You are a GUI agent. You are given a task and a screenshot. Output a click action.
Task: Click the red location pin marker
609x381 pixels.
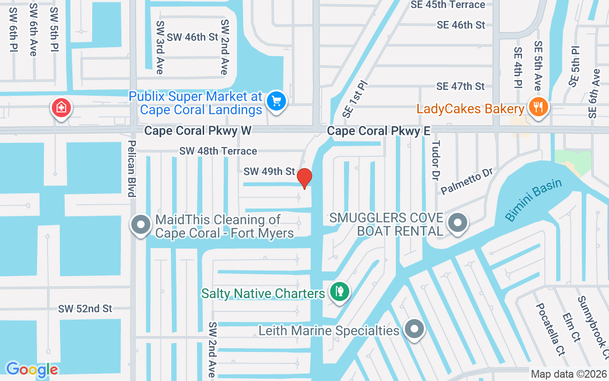click(x=304, y=178)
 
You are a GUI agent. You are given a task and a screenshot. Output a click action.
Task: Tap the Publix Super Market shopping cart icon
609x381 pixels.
click(x=276, y=101)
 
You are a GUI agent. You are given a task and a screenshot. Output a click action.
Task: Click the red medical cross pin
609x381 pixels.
click(x=61, y=108)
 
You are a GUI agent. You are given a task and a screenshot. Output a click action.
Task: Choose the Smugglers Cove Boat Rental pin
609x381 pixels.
click(x=458, y=222)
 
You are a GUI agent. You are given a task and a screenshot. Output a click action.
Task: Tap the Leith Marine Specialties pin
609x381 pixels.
click(x=414, y=329)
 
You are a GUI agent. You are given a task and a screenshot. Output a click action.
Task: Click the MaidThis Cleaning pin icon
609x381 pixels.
click(x=140, y=224)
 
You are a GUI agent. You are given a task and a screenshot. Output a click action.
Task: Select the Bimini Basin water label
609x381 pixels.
click(x=533, y=200)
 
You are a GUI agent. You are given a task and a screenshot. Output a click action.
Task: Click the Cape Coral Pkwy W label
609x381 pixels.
click(x=197, y=130)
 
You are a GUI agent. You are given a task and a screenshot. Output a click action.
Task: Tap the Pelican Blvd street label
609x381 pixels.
click(x=132, y=168)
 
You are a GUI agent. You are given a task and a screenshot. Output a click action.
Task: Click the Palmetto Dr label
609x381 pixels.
click(x=466, y=181)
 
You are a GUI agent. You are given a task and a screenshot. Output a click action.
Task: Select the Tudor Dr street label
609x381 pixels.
click(x=436, y=160)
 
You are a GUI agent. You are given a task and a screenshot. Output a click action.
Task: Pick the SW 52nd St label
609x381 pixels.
click(x=85, y=309)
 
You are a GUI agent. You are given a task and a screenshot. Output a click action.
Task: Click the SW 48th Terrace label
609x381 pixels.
click(x=218, y=151)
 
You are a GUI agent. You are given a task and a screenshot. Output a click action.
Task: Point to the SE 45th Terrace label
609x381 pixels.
click(x=448, y=5)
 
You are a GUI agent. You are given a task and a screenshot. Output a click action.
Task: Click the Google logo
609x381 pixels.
click(x=32, y=369)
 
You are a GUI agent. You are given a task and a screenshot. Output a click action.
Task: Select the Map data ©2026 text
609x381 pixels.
click(x=569, y=374)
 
